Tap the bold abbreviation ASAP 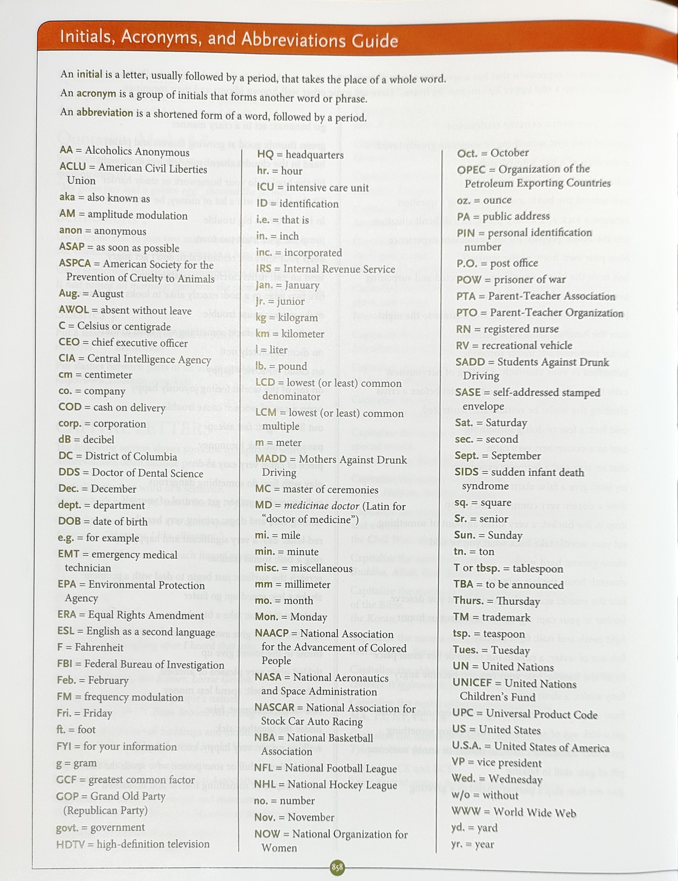[72, 246]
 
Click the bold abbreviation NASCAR [275, 707]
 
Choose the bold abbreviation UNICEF [472, 683]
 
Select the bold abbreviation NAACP [272, 633]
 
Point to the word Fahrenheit [99, 647]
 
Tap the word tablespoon [538, 569]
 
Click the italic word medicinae [310, 506]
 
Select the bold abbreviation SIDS [466, 472]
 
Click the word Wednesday [515, 779]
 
